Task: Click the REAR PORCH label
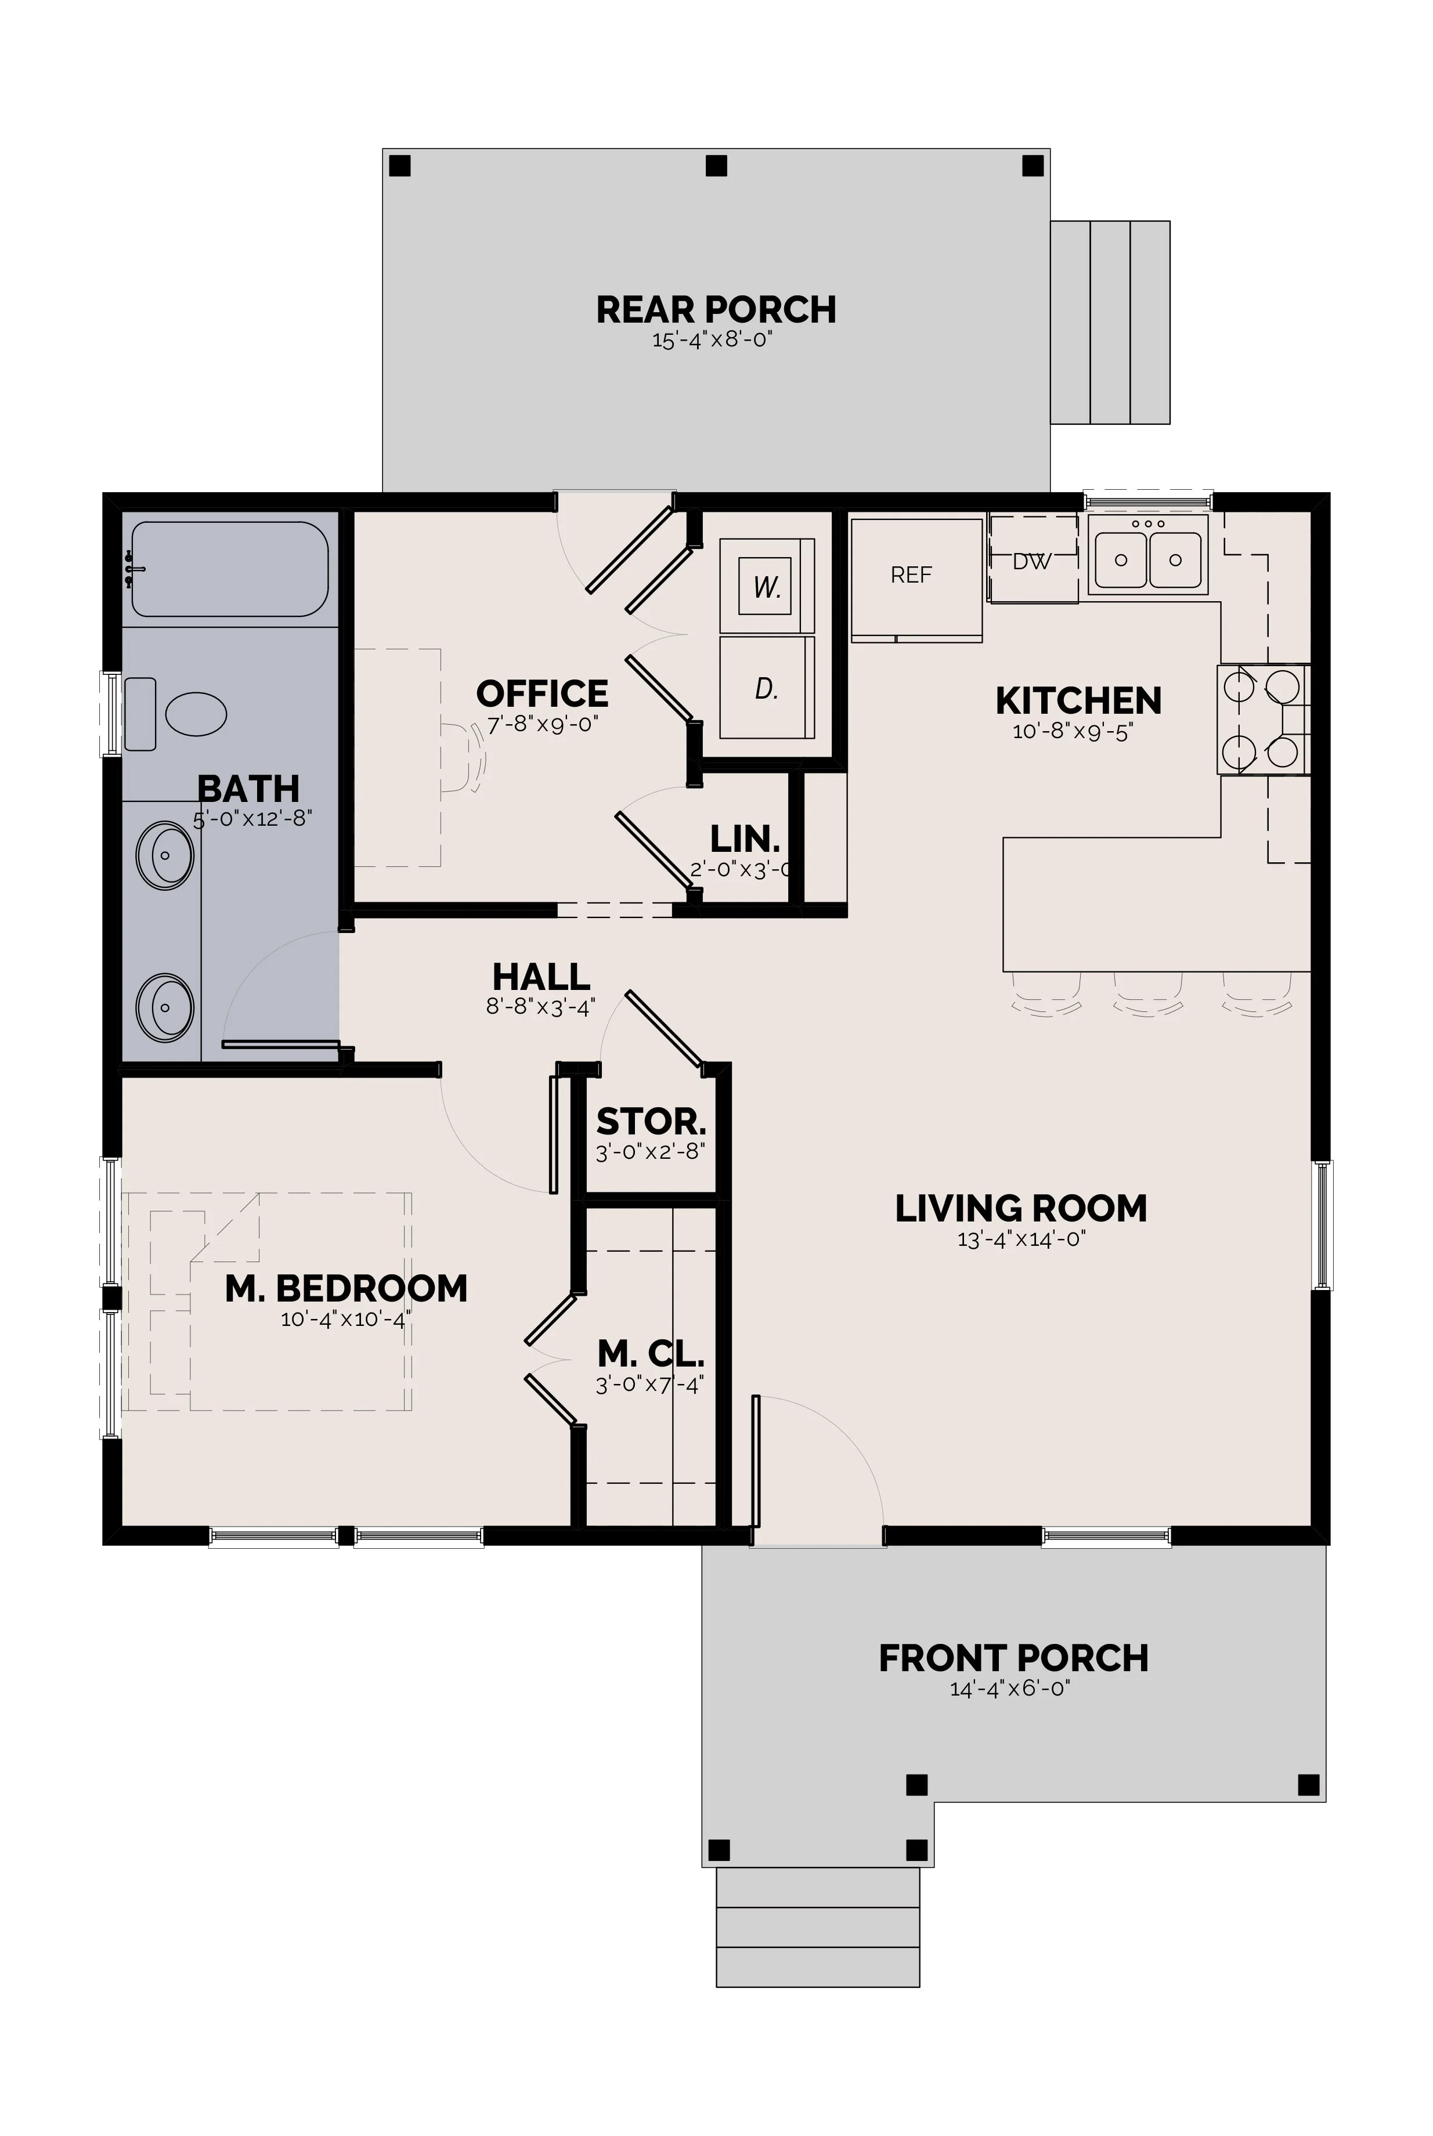(716, 310)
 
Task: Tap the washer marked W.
(767, 585)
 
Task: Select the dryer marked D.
(767, 688)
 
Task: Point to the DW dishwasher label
(1032, 562)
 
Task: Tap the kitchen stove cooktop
(1262, 720)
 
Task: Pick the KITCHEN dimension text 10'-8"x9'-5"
(1073, 732)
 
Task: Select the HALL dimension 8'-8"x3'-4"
(541, 1007)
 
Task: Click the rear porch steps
(1110, 323)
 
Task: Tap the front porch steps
(818, 1927)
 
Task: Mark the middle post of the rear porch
(716, 165)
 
